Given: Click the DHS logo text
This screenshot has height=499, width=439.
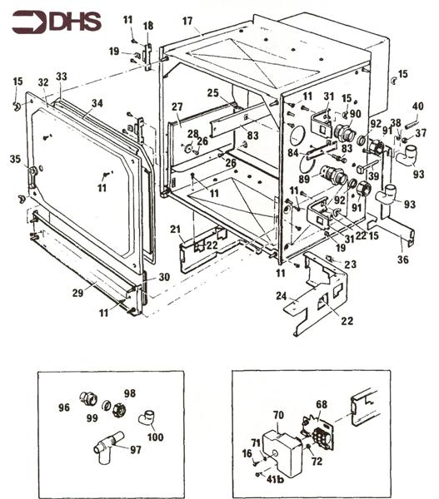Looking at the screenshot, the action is pyautogui.click(x=76, y=22).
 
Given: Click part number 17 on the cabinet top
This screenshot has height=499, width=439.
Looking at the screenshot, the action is pyautogui.click(x=187, y=21).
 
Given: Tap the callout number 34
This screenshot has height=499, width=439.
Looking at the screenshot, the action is pyautogui.click(x=97, y=103).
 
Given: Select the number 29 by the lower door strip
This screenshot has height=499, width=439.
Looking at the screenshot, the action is pyautogui.click(x=77, y=293).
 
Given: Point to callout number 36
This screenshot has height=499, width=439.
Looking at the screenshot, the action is pyautogui.click(x=403, y=259).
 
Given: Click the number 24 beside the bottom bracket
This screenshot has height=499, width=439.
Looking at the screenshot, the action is pyautogui.click(x=282, y=296).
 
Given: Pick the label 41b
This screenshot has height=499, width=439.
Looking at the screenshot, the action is pyautogui.click(x=275, y=479).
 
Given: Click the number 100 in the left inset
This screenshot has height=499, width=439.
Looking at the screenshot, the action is pyautogui.click(x=155, y=437).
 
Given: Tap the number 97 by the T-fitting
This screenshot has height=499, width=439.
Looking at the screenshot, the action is pyautogui.click(x=136, y=449).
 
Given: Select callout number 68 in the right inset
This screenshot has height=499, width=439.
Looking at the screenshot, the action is pyautogui.click(x=322, y=404).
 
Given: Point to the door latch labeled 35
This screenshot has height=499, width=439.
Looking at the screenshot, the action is pyautogui.click(x=32, y=175).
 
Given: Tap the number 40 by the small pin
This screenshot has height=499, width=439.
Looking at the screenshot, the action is pyautogui.click(x=417, y=106).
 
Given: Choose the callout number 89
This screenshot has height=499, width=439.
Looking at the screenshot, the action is pyautogui.click(x=304, y=179).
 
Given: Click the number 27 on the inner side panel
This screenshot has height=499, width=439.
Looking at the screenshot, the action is pyautogui.click(x=177, y=107).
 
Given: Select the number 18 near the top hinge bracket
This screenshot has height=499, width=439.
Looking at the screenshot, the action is pyautogui.click(x=148, y=26).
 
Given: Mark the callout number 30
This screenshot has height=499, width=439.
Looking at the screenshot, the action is pyautogui.click(x=164, y=277).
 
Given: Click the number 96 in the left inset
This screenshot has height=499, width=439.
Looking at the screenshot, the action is pyautogui.click(x=64, y=408).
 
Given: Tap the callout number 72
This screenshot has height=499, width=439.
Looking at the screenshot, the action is pyautogui.click(x=317, y=461).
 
